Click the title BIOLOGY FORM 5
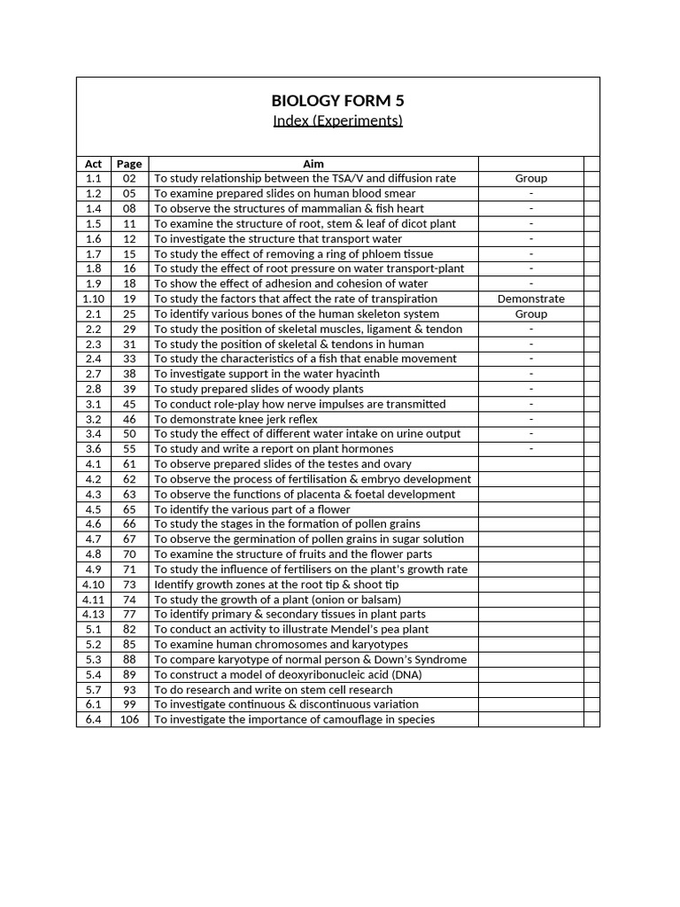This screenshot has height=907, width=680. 337,100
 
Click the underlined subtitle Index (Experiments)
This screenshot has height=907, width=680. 337,120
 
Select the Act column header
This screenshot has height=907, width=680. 93,164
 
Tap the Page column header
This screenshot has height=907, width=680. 129,164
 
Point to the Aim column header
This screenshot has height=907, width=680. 313,164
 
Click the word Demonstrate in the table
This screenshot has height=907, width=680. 530,298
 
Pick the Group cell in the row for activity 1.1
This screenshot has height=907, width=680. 530,178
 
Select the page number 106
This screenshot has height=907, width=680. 129,719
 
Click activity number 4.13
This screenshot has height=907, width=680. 93,614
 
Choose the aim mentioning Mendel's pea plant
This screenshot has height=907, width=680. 291,629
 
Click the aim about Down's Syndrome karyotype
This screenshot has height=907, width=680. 310,659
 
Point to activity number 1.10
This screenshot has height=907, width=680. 93,298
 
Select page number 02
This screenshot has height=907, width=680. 129,178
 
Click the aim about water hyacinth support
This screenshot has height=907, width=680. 267,374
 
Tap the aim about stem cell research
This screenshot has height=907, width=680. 274,689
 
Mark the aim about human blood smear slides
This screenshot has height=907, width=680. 284,193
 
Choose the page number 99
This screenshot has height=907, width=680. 129,704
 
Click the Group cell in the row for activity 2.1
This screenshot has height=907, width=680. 530,314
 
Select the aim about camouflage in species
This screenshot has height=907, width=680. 295,719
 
